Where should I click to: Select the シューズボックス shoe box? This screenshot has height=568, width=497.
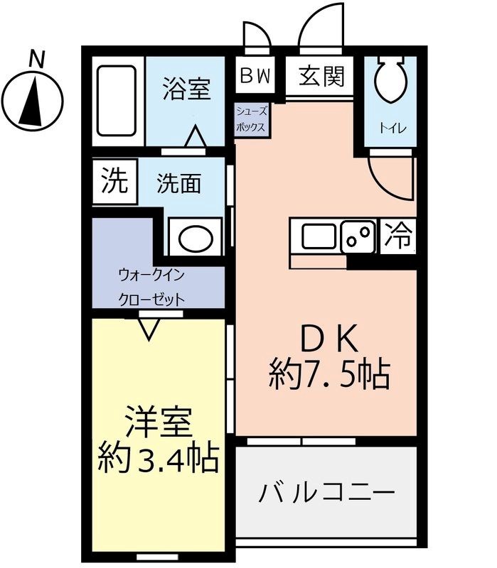click(251, 119)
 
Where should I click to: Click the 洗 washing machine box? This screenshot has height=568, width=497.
click(113, 182)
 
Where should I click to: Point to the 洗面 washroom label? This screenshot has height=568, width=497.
click(178, 185)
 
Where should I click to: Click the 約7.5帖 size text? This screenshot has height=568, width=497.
click(329, 374)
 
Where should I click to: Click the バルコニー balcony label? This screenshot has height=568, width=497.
click(326, 491)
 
